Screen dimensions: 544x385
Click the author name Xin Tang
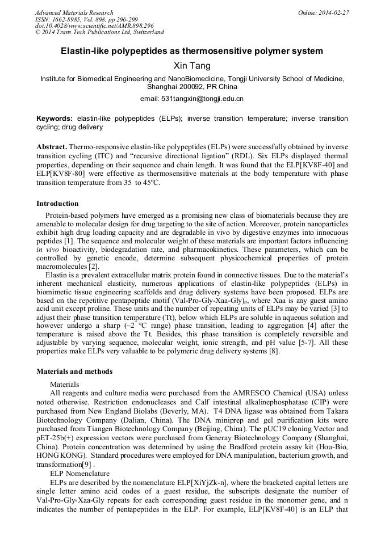point(192,66)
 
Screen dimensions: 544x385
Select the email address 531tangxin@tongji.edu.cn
point(202,99)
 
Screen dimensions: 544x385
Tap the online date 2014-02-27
point(333,12)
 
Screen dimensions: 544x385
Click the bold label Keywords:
point(55,119)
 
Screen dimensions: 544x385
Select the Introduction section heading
point(57,204)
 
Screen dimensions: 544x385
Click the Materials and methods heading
point(74,372)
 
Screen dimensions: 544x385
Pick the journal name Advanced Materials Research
point(74,12)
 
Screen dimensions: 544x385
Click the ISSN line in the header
point(82,19)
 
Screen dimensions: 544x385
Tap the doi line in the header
point(94,26)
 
